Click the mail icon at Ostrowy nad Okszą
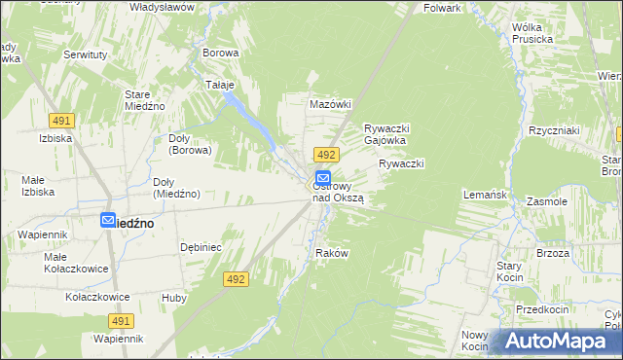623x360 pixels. tap(322, 179)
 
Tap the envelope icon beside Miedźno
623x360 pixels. tap(108, 221)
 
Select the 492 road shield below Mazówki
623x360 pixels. tap(326, 155)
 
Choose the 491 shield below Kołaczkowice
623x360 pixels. tap(121, 320)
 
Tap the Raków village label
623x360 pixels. tap(332, 253)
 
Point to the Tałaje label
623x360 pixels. tap(220, 85)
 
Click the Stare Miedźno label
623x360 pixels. tap(144, 100)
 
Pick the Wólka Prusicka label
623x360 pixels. tap(532, 33)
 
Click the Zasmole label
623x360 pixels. tap(546, 201)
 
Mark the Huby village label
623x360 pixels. tap(174, 298)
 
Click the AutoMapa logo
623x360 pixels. tap(558, 342)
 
